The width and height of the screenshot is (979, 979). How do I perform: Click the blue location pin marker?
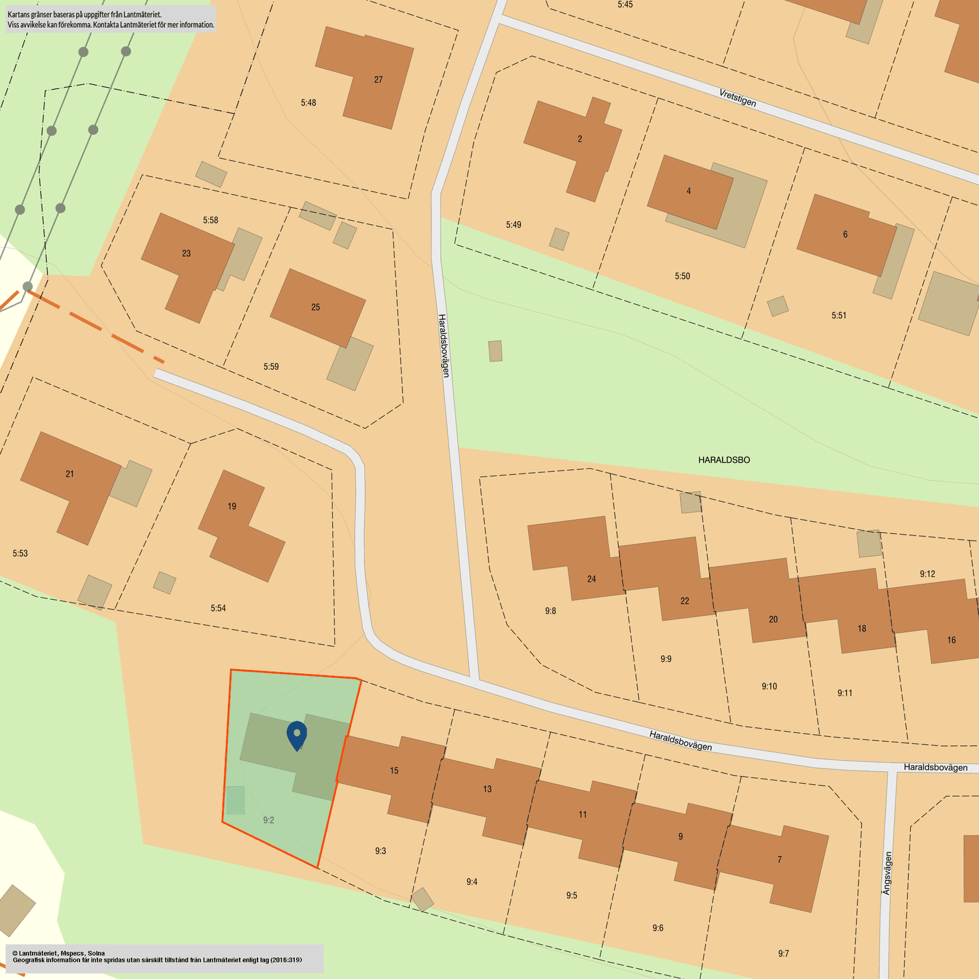coord(297,734)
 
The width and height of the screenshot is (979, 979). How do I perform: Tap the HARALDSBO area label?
coord(724,460)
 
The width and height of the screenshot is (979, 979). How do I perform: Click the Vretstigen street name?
coord(738,98)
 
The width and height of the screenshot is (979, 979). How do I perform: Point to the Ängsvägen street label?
coord(887,873)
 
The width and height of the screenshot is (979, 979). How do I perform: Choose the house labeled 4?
coord(688,191)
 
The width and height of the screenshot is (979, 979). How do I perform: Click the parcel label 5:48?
coord(309,103)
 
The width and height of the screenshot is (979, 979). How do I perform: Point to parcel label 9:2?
coord(269,820)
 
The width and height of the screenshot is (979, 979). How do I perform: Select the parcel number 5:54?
coord(218,608)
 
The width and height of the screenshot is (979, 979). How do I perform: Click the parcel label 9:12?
coord(927,574)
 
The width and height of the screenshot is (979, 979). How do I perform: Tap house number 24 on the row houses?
coord(592,579)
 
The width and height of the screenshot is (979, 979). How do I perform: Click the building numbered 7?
coord(780,859)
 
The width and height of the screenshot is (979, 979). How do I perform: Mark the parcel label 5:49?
coord(514,225)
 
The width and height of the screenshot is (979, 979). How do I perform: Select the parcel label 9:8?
coord(551,611)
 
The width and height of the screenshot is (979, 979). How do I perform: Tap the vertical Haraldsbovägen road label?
coord(444,345)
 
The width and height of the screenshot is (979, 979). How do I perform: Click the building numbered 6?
coord(845,234)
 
